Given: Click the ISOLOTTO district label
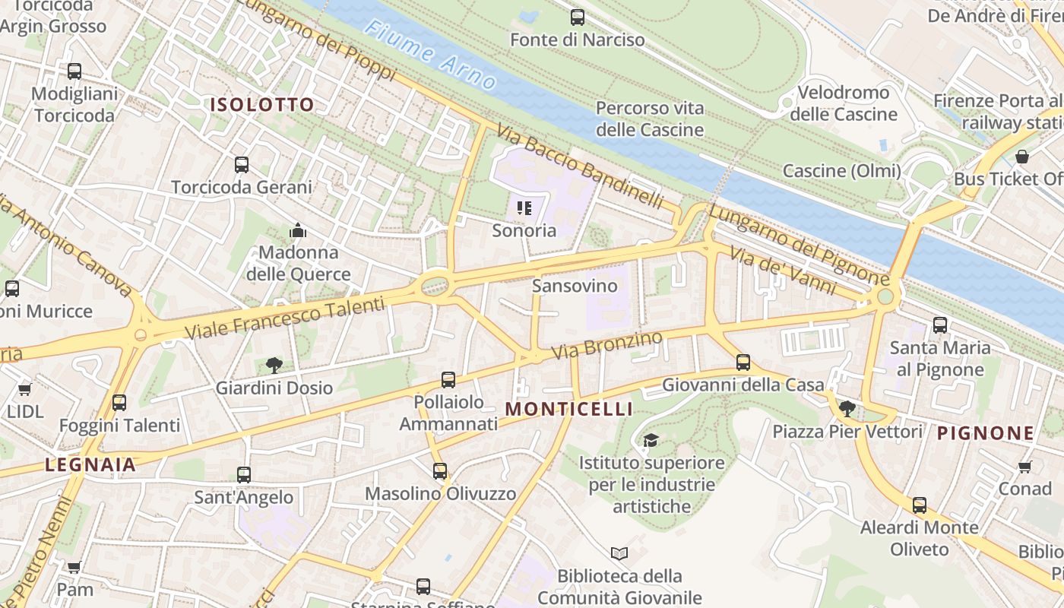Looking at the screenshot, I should (x=262, y=105).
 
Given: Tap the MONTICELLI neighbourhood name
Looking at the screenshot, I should (x=568, y=409).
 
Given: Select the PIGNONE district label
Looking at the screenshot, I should (x=985, y=433).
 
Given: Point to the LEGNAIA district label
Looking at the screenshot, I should (x=90, y=464).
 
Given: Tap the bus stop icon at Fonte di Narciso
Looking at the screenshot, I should (x=578, y=17).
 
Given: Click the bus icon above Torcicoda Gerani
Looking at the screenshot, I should (x=242, y=164).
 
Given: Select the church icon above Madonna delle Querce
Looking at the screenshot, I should (x=298, y=230).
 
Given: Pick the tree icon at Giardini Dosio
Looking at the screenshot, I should (x=274, y=366).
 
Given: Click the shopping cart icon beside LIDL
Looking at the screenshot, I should (x=24, y=389).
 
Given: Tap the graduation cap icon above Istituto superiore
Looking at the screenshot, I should (x=651, y=440).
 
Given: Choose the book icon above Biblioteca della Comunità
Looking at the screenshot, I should (x=619, y=553).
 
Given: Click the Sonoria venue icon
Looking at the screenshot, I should (x=524, y=207).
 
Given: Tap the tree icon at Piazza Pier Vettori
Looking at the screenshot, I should (x=847, y=409).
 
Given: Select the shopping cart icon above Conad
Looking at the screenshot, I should (x=1024, y=466).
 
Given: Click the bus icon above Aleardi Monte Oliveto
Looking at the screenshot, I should (x=920, y=505).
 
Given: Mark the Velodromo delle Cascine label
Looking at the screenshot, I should (x=844, y=103).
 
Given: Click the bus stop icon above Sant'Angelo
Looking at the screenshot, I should (x=243, y=475).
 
